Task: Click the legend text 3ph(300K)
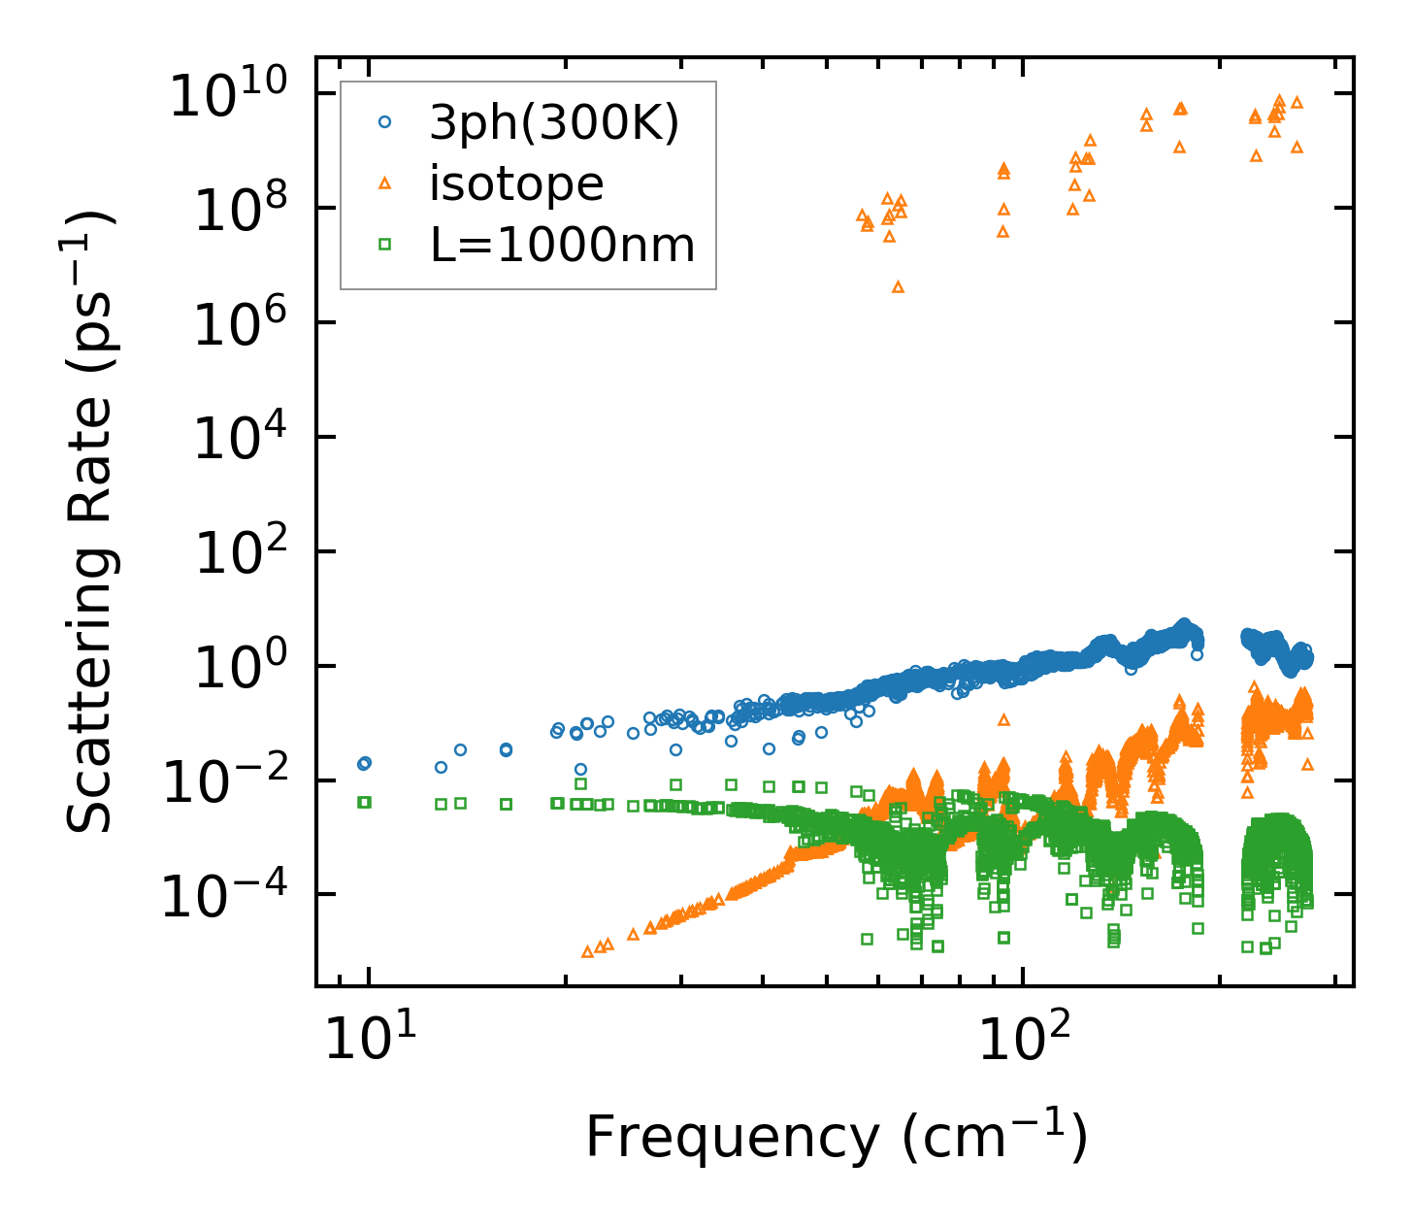tap(554, 123)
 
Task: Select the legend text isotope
tap(516, 183)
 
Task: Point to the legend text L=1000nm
tap(563, 245)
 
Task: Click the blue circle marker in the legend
tap(385, 122)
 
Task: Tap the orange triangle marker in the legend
tap(385, 183)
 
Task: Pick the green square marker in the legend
tap(385, 245)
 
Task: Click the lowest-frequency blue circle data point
tap(364, 764)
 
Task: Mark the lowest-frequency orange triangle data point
tap(587, 951)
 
